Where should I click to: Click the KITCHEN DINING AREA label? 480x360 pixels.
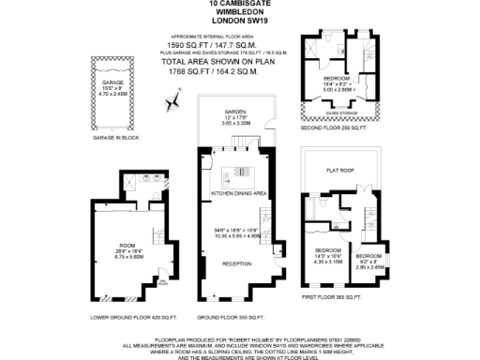pos(239,192)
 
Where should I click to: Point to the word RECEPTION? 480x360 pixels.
pos(238,264)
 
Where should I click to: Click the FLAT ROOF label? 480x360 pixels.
pos(338,172)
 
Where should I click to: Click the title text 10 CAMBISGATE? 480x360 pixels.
pos(240,5)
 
